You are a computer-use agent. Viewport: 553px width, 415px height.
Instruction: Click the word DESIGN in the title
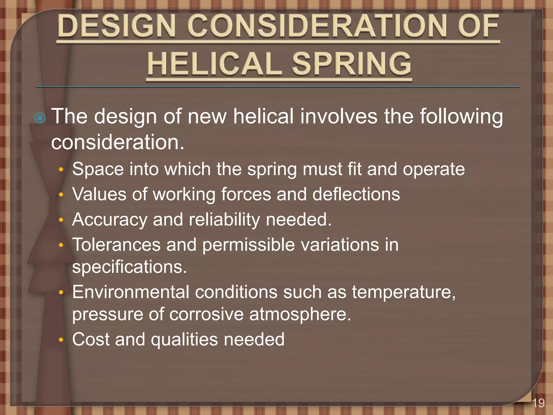(116, 26)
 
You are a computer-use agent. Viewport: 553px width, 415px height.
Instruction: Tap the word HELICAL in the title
(214, 64)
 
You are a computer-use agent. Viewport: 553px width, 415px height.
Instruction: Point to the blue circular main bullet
(40, 118)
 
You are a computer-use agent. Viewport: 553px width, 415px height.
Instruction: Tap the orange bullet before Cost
(61, 340)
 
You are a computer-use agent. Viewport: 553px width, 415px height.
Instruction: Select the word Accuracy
(110, 219)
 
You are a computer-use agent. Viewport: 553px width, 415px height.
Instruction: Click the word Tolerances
(116, 245)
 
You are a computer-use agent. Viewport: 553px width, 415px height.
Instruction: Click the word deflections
(356, 194)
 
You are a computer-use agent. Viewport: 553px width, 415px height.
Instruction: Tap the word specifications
(129, 267)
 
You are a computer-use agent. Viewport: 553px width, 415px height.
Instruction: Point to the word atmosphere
(300, 314)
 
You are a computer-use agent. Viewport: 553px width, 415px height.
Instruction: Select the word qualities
(184, 340)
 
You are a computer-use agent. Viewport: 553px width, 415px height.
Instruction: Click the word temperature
(403, 292)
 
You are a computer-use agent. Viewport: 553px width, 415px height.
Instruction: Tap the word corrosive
(207, 314)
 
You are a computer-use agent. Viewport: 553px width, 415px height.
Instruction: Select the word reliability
(224, 219)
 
